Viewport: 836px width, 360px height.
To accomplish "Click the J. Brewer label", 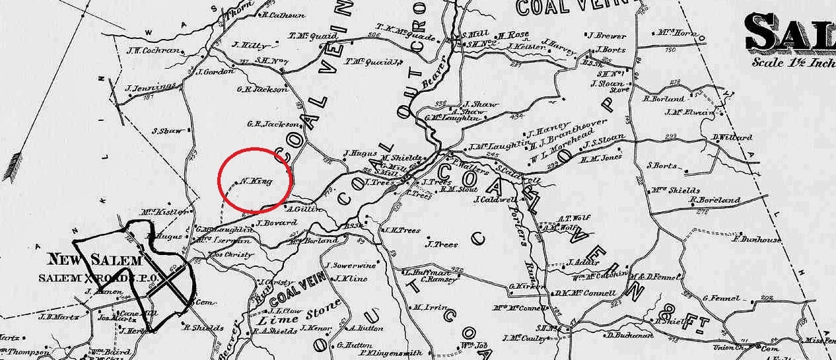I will (608, 35).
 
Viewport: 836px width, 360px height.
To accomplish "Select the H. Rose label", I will (514, 35).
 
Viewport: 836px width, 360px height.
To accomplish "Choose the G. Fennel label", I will (723, 298).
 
